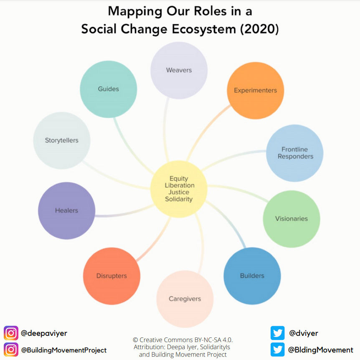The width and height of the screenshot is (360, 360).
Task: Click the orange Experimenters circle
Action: click(255, 90)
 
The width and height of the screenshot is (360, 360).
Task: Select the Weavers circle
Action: click(179, 70)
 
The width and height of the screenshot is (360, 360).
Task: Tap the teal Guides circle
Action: click(108, 89)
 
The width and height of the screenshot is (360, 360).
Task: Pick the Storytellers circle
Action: click(61, 140)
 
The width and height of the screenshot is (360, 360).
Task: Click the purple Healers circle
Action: click(66, 210)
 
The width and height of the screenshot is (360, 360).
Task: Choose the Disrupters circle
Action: click(112, 276)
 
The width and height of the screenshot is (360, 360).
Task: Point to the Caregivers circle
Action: click(185, 299)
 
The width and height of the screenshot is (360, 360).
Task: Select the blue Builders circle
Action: click(252, 276)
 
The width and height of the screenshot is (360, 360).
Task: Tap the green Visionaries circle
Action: click(291, 218)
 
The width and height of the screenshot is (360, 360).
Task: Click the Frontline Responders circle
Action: click(295, 153)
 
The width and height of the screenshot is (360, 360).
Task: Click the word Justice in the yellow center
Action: click(179, 192)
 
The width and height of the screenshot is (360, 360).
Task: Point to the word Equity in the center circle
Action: click(179, 179)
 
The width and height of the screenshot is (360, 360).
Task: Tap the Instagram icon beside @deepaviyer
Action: click(11, 333)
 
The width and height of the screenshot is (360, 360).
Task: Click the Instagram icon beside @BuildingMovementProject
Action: click(11, 350)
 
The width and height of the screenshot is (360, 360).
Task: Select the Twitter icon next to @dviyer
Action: click(277, 333)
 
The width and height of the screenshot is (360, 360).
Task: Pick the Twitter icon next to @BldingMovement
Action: click(277, 350)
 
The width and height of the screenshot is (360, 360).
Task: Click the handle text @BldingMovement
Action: click(320, 350)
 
